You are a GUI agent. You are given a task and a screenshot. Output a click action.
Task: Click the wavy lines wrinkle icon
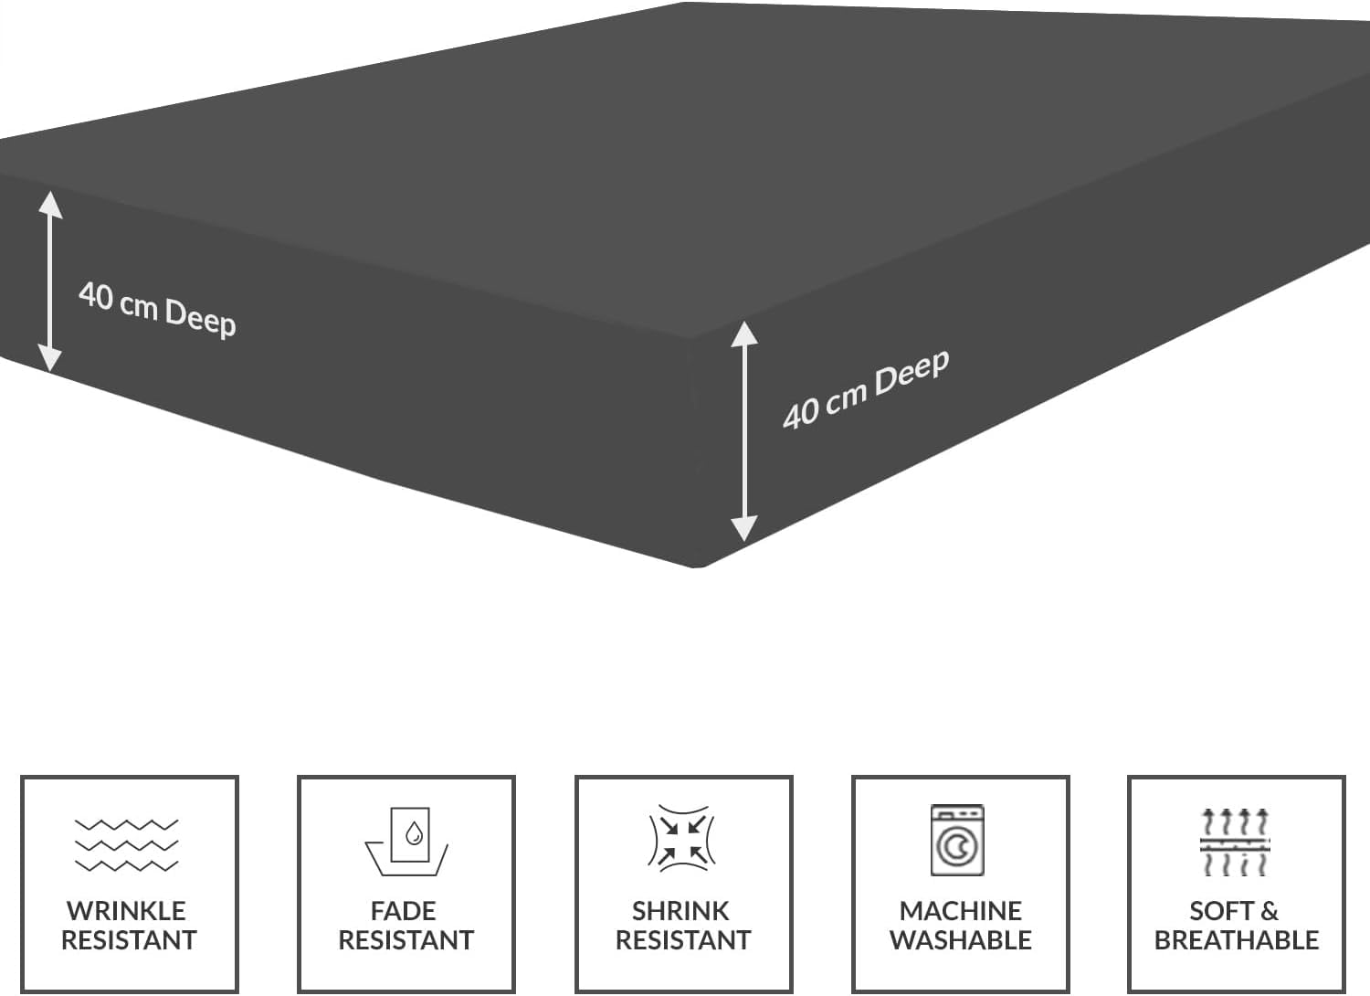(x=127, y=845)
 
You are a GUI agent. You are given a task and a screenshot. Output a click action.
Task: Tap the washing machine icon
(x=957, y=840)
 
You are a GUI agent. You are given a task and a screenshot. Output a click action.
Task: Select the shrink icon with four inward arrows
(x=682, y=837)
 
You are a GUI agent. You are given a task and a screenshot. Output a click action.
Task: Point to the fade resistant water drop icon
(x=406, y=842)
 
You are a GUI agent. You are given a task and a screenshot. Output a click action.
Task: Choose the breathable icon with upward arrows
(x=1235, y=842)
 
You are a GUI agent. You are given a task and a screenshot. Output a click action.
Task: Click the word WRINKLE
(x=127, y=911)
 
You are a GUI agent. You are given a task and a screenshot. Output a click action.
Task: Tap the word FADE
(x=404, y=911)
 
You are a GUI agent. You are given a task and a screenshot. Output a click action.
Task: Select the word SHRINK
(x=680, y=911)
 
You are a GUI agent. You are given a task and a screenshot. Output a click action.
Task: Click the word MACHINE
(x=960, y=911)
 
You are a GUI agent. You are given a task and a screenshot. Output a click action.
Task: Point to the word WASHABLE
(x=960, y=940)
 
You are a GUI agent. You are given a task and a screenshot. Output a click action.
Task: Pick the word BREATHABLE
(x=1237, y=940)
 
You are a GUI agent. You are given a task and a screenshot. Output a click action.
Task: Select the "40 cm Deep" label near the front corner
(x=866, y=389)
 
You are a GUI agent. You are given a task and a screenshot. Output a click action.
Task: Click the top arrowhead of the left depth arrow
(x=50, y=205)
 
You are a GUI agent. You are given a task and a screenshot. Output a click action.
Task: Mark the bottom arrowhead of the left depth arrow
(x=50, y=358)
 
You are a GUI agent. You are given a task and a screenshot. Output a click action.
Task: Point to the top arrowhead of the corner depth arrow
(x=744, y=334)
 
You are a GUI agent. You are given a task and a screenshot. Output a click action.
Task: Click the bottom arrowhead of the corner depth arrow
(x=744, y=528)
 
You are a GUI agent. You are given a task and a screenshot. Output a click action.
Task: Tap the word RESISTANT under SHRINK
(x=683, y=940)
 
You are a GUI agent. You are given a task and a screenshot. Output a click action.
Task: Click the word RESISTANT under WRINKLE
(x=129, y=940)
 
